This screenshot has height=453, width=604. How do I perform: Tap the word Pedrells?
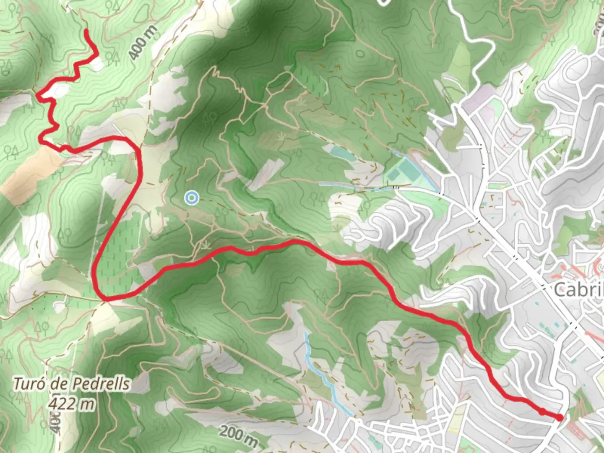pyautogui.click(x=101, y=384)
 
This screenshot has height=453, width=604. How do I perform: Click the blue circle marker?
pyautogui.click(x=192, y=198)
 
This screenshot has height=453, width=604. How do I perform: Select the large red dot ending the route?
pyautogui.click(x=560, y=417)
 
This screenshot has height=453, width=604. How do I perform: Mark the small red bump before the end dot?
pyautogui.click(x=542, y=411)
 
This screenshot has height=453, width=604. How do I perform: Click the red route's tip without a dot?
pyautogui.click(x=86, y=31)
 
